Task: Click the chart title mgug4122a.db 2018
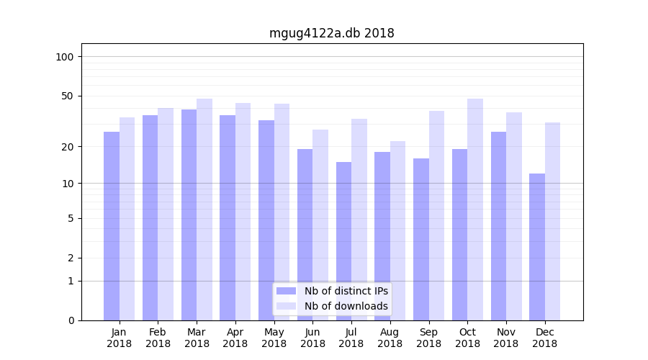(x=331, y=33)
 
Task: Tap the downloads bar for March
(x=204, y=209)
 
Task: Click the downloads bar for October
(x=475, y=209)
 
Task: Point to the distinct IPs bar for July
(x=344, y=240)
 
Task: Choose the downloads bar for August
(x=397, y=230)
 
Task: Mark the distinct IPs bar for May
(x=266, y=220)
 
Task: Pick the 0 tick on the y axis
(x=71, y=320)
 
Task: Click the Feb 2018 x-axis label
(x=158, y=338)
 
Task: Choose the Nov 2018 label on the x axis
(x=506, y=338)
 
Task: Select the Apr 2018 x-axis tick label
(x=235, y=338)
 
